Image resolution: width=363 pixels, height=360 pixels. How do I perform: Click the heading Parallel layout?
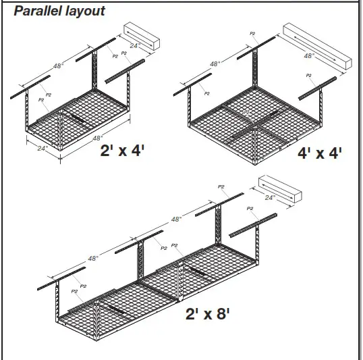coord(60,11)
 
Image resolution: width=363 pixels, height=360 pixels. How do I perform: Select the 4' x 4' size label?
coord(320,153)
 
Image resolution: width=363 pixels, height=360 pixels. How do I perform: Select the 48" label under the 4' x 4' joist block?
coord(308,57)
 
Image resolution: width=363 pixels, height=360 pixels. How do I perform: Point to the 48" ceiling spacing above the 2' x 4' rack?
coord(59,66)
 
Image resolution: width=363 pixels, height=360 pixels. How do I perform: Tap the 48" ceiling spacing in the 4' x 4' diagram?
coord(215,64)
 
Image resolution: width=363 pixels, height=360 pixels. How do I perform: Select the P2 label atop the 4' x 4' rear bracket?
coord(252,33)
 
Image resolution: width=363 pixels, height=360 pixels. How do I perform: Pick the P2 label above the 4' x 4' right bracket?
coord(308,76)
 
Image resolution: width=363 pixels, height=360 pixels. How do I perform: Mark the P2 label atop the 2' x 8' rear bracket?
coord(221,186)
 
